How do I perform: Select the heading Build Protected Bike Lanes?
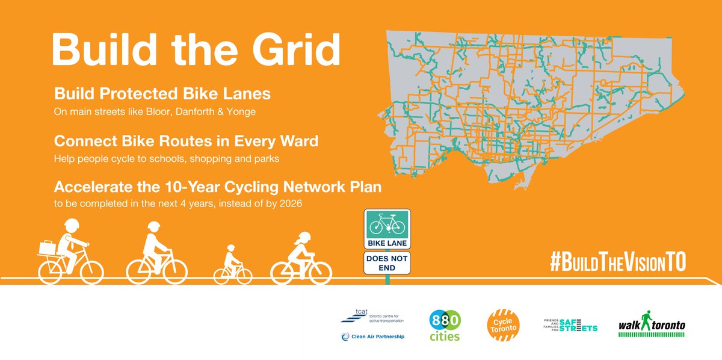(x=162, y=95)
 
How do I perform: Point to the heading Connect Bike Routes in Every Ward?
(x=186, y=141)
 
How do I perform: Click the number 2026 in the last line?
(x=289, y=203)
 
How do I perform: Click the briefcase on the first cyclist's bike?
(x=48, y=246)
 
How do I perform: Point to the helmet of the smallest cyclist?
(x=230, y=249)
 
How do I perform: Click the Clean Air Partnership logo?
(x=372, y=337)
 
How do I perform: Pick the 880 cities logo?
(x=445, y=325)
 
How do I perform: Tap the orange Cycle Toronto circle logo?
(x=503, y=326)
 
